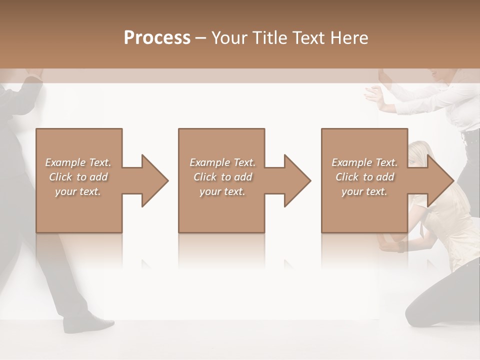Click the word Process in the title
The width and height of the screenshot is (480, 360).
click(x=157, y=37)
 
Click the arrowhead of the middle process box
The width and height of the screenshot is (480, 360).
click(x=296, y=180)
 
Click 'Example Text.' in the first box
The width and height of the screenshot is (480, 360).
click(x=78, y=162)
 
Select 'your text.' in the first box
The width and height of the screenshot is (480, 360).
click(x=78, y=191)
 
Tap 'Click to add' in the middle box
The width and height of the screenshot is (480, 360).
click(x=222, y=177)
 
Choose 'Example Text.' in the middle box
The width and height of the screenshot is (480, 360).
click(x=222, y=162)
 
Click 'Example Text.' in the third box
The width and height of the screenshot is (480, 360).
click(x=364, y=162)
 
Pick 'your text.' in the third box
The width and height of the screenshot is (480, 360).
click(x=364, y=191)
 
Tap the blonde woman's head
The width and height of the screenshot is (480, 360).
click(x=418, y=152)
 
